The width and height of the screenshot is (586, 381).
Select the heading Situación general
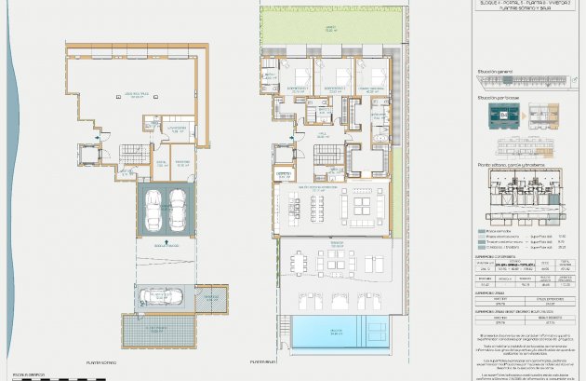click(x=495, y=70)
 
